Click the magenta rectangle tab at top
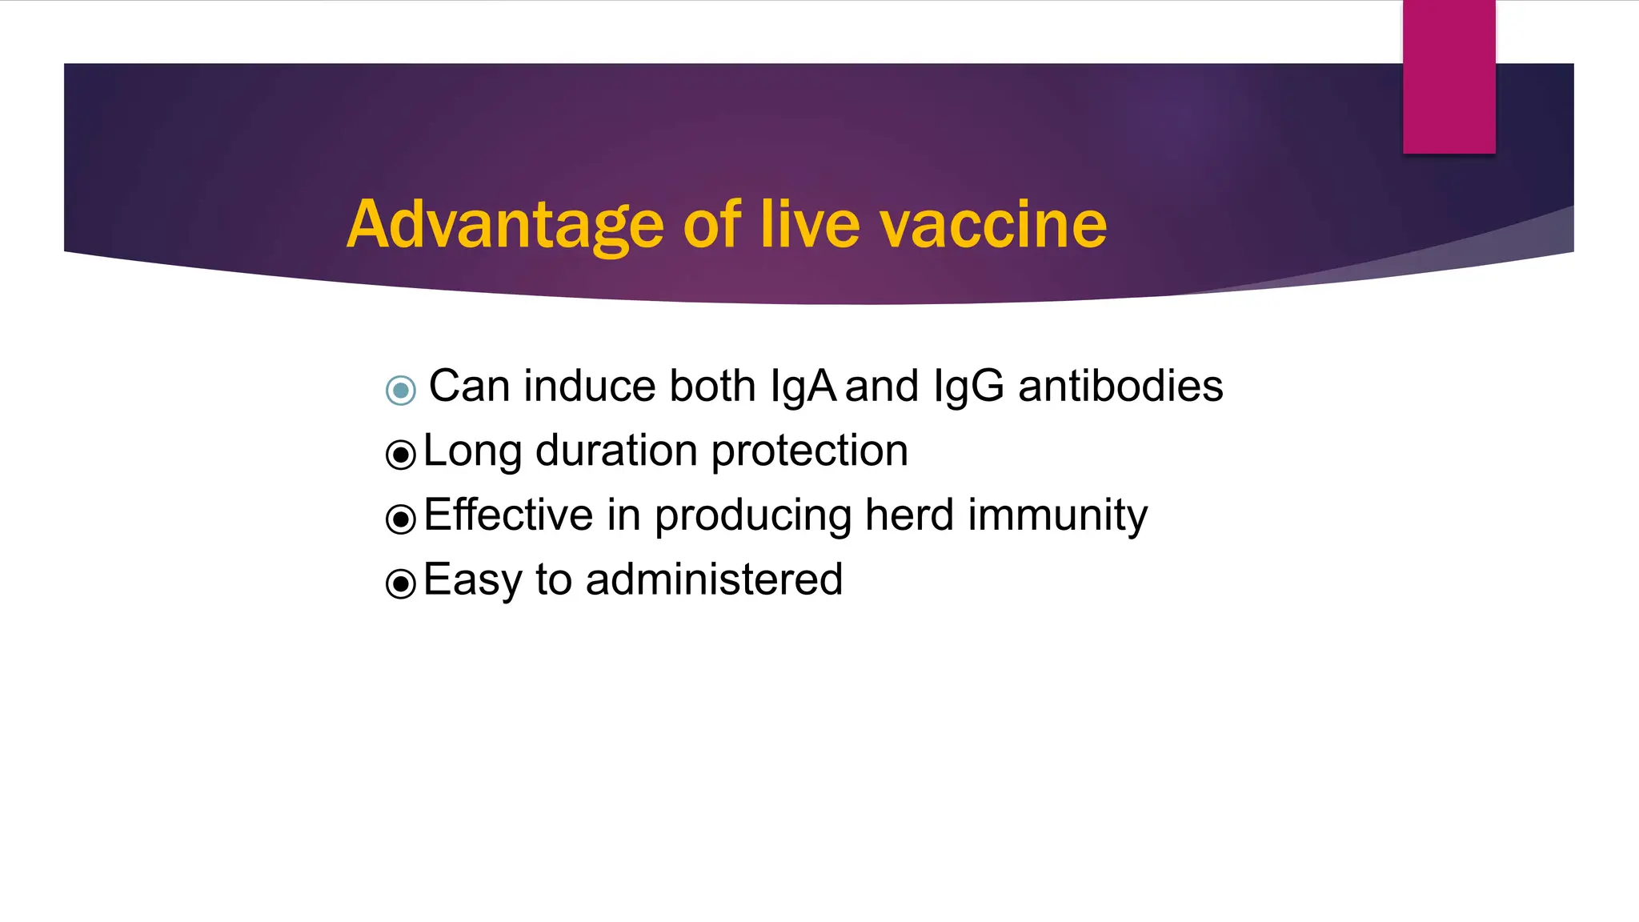tap(1449, 77)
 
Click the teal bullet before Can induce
tap(401, 391)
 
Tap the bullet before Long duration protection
tap(401, 455)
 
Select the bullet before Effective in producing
tap(401, 519)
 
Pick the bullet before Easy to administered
tap(401, 583)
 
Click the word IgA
tap(803, 387)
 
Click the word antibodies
tap(1120, 386)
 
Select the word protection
tap(810, 451)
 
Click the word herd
tap(909, 514)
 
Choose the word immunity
tap(1057, 515)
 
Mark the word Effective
tap(508, 514)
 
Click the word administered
tap(714, 579)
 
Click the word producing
tap(752, 515)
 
